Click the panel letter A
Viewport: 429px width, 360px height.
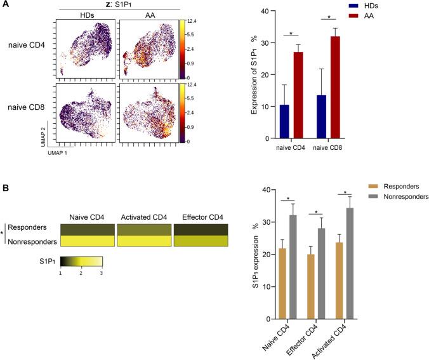(x=5, y=4)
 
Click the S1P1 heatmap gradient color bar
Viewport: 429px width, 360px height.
(x=81, y=260)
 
